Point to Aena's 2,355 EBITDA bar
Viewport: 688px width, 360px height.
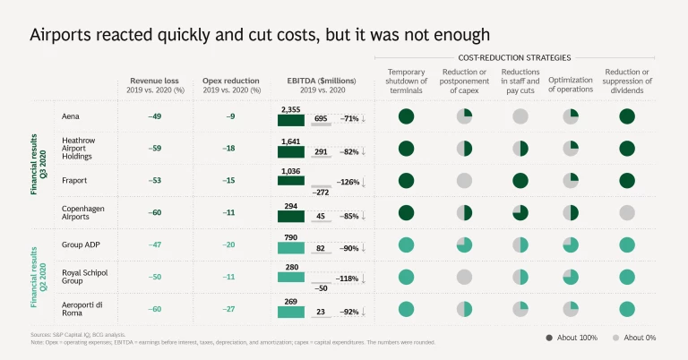pos(291,121)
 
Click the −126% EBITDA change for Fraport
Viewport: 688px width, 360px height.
pos(350,182)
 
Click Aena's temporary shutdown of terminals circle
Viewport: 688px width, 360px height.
pos(406,116)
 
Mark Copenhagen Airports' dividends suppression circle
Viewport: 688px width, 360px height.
pos(627,212)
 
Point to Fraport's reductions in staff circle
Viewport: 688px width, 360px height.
pos(520,181)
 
